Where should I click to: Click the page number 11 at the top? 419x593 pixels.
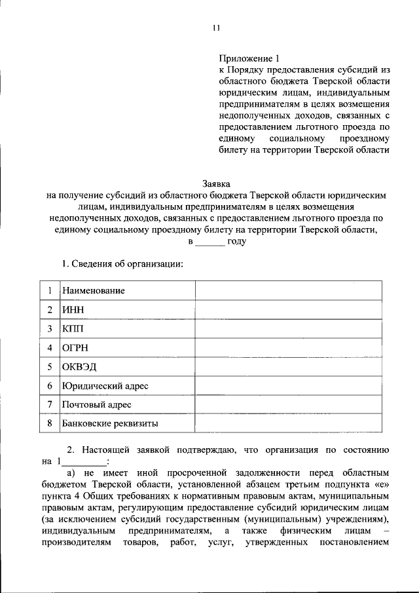pos(216,28)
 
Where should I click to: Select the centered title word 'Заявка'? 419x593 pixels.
pos(216,184)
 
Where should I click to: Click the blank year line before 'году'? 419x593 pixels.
pos(209,242)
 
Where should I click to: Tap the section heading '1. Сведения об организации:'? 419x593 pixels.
pos(122,264)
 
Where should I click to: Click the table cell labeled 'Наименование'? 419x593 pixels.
pos(94,290)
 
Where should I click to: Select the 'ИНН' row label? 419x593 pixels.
pos(73,310)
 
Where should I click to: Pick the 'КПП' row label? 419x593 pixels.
pos(74,329)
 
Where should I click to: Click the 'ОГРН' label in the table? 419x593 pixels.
pos(75,348)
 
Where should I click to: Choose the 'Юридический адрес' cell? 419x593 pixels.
pos(105,386)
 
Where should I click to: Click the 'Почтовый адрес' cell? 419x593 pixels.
pos(97,405)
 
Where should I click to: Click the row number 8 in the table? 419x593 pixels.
pos(49,424)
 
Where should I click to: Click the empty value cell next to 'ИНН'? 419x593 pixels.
pos(288,310)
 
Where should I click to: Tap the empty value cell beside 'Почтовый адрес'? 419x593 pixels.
pos(288,405)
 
